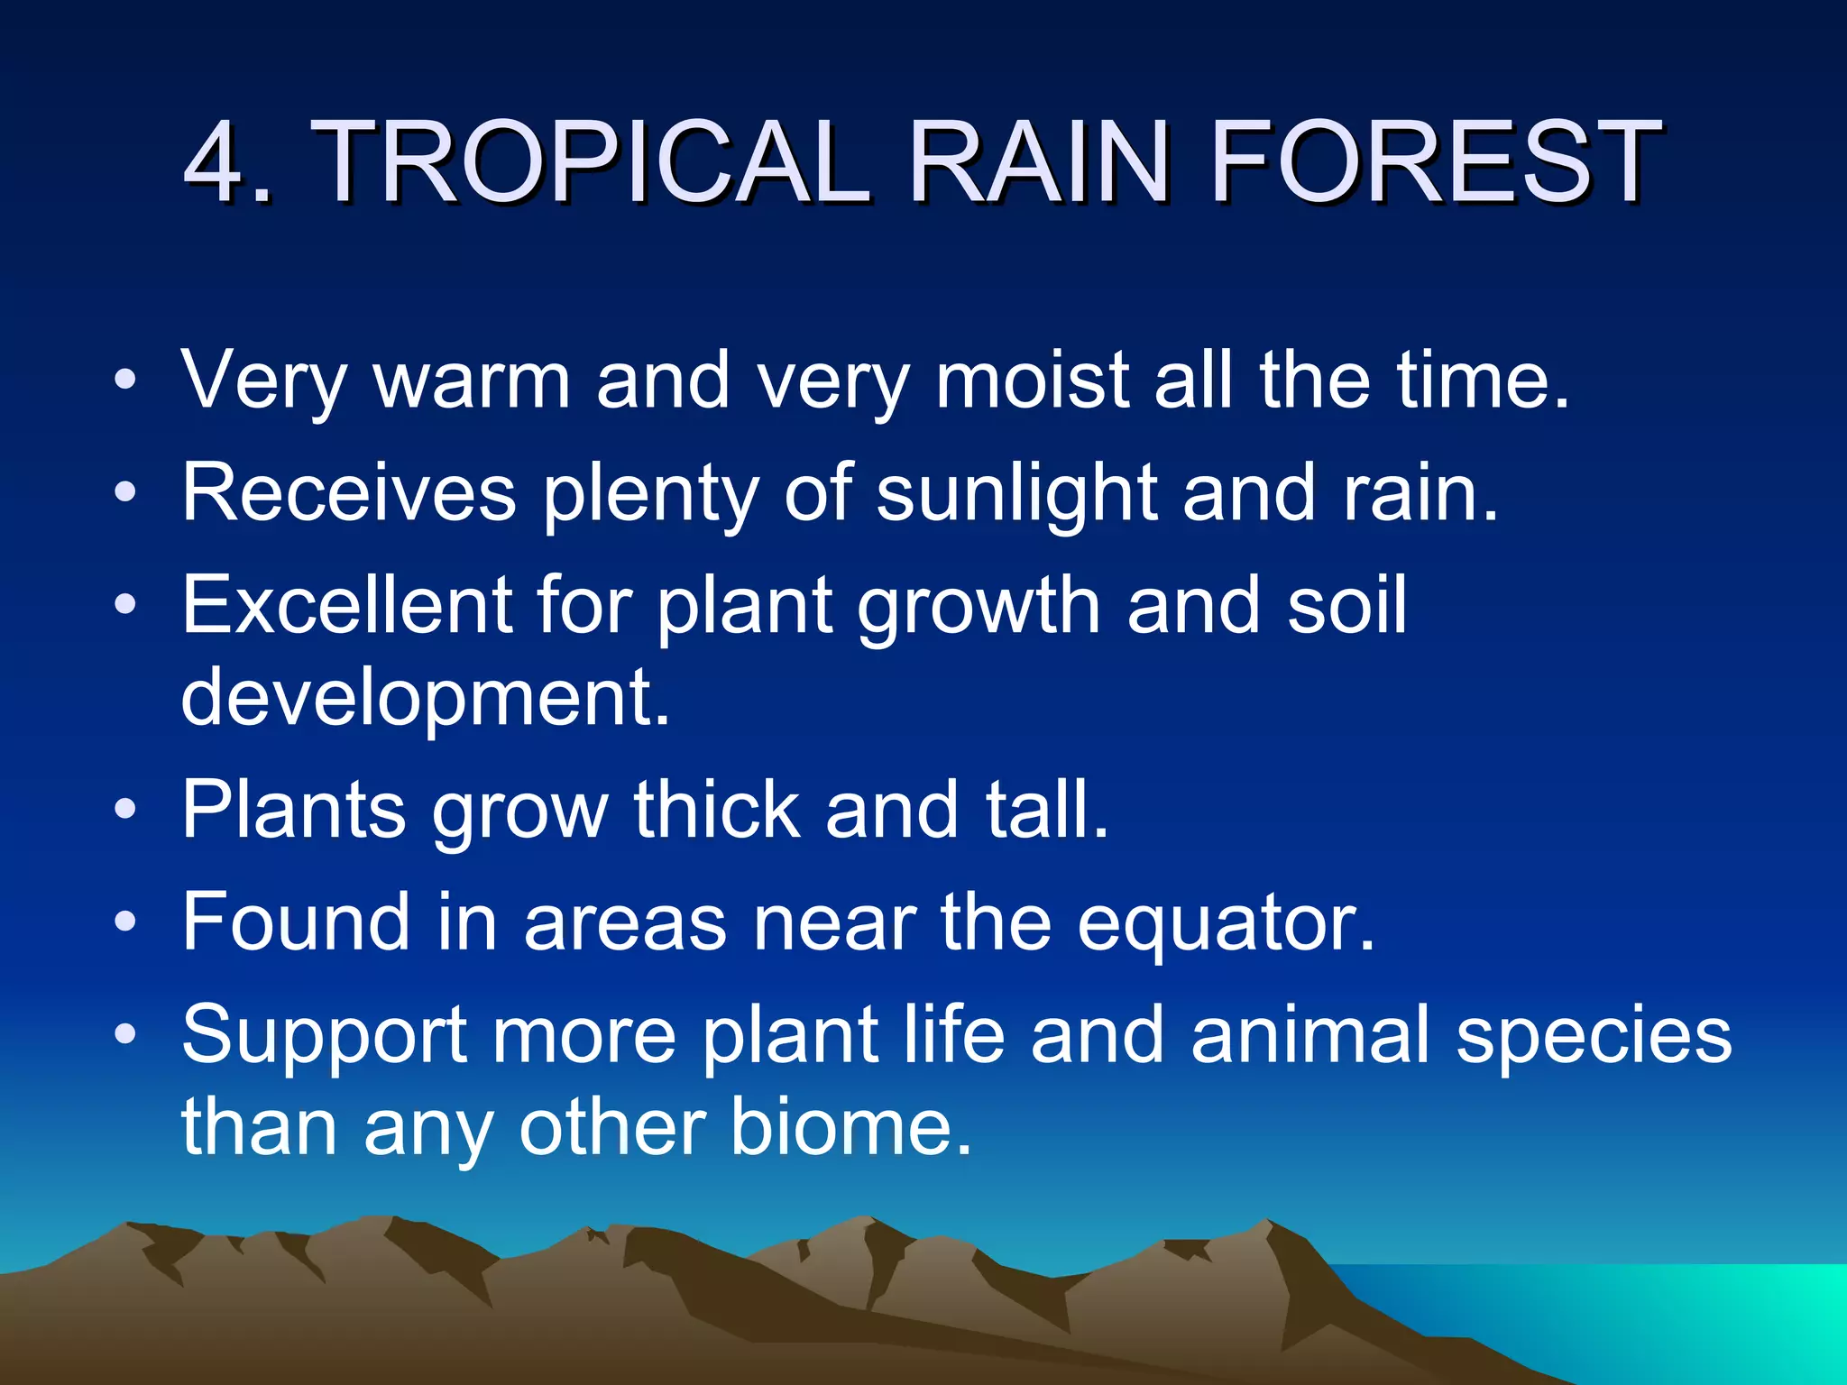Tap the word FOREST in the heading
pos(1434,162)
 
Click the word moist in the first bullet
pos(1032,381)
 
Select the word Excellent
pos(346,605)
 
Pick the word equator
pos(1226,923)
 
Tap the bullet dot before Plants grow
pos(125,809)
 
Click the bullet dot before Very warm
pos(125,381)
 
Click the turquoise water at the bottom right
pos(1668,1316)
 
